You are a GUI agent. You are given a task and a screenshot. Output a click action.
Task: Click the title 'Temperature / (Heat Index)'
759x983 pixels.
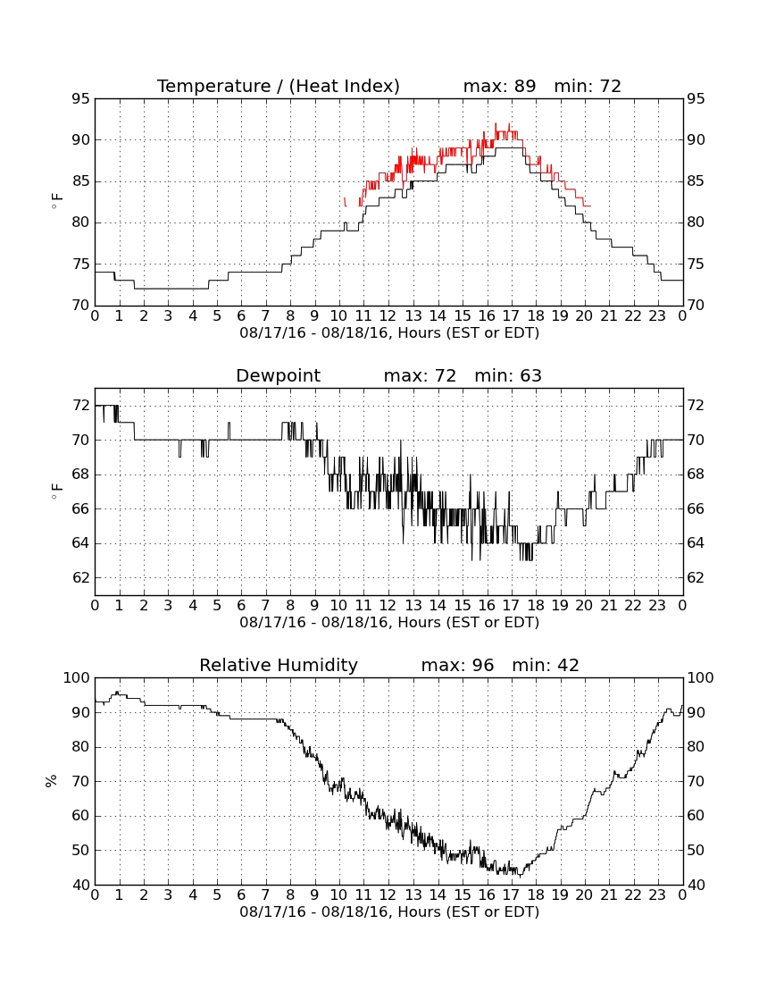(x=278, y=86)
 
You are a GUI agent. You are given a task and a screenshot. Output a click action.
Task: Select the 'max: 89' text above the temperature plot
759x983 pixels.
(x=500, y=86)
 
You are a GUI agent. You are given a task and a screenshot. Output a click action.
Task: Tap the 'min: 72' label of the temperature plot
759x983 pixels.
(x=588, y=86)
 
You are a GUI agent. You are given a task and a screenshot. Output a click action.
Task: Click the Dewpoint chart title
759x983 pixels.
(x=278, y=375)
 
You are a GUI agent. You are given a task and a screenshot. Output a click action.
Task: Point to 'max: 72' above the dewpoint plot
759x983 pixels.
(x=420, y=375)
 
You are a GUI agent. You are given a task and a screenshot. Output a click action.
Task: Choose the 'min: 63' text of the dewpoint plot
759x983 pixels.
(x=508, y=375)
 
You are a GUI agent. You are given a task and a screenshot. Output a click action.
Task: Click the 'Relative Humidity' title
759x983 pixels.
(x=278, y=665)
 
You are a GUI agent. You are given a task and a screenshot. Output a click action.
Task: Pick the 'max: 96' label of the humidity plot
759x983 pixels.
(x=457, y=665)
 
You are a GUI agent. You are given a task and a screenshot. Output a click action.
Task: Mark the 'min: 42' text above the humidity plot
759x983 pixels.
(x=546, y=665)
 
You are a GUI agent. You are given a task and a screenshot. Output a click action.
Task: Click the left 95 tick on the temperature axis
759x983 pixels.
(x=81, y=99)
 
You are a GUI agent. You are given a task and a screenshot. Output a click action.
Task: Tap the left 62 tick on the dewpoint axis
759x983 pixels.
(x=81, y=577)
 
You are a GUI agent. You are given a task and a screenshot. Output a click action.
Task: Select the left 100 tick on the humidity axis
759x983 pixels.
(x=77, y=677)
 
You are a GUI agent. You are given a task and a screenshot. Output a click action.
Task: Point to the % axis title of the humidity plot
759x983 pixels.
(x=52, y=780)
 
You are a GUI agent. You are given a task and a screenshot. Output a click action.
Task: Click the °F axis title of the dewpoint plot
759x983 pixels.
(x=56, y=491)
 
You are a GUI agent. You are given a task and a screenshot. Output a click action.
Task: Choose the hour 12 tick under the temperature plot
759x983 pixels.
(x=388, y=316)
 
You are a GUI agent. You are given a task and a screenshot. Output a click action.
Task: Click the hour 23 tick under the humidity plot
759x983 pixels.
(x=657, y=895)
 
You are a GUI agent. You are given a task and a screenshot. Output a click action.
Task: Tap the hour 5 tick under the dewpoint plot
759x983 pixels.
(x=217, y=606)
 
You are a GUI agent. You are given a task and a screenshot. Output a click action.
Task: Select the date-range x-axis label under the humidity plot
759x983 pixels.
(x=389, y=912)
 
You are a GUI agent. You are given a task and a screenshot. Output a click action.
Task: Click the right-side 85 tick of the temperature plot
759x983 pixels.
(x=696, y=181)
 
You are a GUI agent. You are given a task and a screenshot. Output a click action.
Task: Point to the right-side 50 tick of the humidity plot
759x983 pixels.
(x=696, y=850)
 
